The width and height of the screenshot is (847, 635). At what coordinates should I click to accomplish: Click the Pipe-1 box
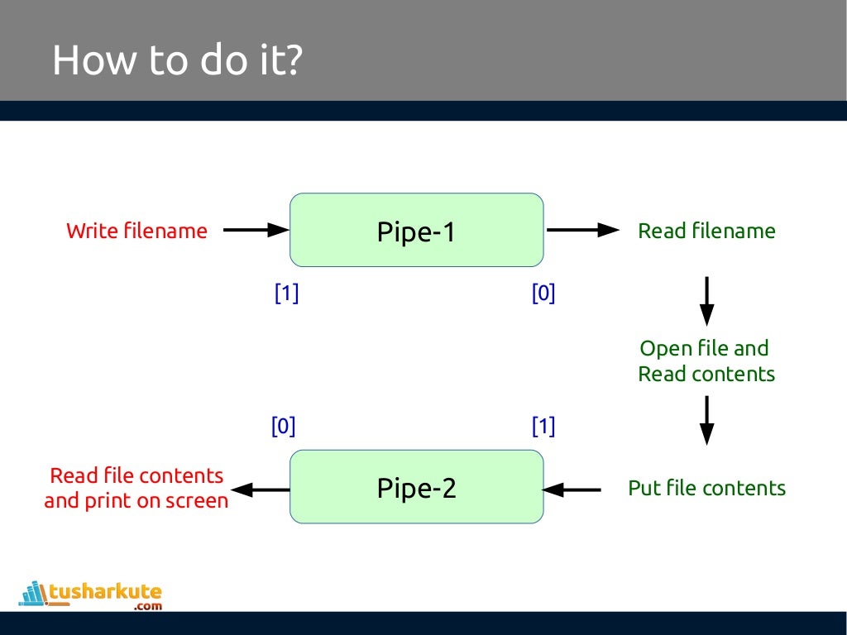coord(416,231)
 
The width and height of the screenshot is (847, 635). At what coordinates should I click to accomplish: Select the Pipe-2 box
coord(416,487)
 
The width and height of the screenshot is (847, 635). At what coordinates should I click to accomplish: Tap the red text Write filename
coord(136,231)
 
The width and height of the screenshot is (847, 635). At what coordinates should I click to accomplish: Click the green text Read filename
coord(706,231)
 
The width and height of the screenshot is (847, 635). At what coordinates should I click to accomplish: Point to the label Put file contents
coord(706,488)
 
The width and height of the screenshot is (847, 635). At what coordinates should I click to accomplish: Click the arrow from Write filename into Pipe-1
coord(256,231)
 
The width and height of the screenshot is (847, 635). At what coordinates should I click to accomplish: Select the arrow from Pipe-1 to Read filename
coord(582,231)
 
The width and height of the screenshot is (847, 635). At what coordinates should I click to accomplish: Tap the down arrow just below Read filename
coord(706,301)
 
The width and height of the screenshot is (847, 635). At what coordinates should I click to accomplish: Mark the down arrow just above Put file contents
coord(706,420)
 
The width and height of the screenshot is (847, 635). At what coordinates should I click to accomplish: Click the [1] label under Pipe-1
coord(286,294)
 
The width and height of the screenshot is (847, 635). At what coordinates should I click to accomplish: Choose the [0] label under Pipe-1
coord(543,294)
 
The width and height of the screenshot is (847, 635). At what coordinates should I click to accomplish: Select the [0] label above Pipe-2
coord(283,427)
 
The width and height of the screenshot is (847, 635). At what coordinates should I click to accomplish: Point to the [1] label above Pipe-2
coord(543,427)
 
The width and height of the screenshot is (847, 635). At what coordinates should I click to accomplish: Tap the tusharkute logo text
coord(105,592)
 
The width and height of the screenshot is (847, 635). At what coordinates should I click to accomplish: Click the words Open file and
coord(704,348)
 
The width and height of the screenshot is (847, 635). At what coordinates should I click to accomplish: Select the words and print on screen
coord(136,501)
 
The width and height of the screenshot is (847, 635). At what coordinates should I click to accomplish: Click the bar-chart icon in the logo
coord(33,592)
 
